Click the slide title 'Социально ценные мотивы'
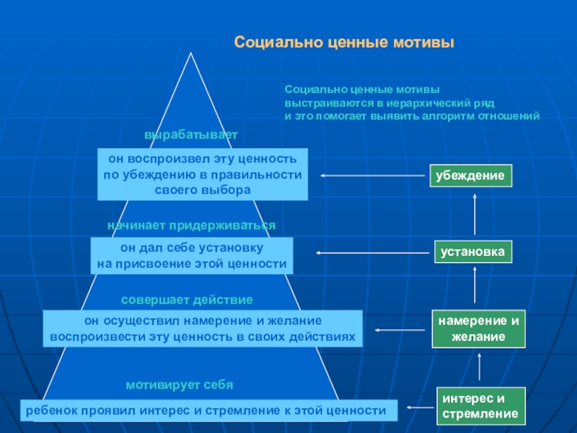point(344,43)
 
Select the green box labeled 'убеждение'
point(472,175)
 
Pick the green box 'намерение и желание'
point(479,328)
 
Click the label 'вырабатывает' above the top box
point(190,135)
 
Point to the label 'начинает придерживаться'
point(191,226)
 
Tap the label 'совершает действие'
point(187,299)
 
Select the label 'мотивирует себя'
point(180,385)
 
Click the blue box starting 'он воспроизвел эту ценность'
point(203,174)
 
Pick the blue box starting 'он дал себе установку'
point(192,256)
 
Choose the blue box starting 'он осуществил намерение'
point(203,328)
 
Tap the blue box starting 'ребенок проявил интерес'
point(208,411)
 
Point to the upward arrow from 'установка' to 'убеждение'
point(475,214)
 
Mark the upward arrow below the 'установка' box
point(475,286)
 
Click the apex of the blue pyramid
point(191,54)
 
